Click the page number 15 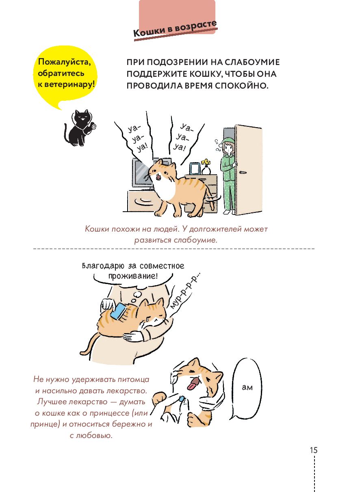(313, 450)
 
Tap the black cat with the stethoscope (80, 128)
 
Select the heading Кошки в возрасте (175, 29)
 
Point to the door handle (242, 172)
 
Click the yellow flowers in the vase (206, 163)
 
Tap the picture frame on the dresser (195, 169)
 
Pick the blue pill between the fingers (182, 399)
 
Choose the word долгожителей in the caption (216, 229)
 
